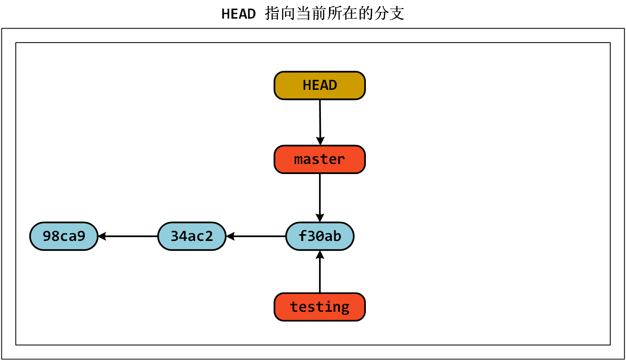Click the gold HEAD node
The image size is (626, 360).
(319, 86)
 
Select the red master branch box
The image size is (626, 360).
(319, 159)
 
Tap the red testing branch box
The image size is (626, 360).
(319, 306)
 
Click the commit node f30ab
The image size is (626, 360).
(319, 236)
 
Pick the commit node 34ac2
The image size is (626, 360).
(191, 236)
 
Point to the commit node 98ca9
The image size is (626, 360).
(64, 236)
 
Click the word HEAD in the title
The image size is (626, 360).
(239, 14)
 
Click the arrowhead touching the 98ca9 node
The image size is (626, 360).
(102, 236)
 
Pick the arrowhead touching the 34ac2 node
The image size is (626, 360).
(230, 236)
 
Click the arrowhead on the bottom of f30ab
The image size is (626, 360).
(319, 254)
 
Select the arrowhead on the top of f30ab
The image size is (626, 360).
(319, 218)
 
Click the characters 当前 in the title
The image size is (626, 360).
(307, 14)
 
